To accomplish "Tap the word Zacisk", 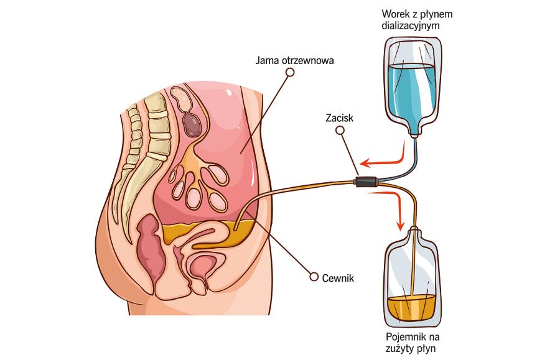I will tap(339, 118).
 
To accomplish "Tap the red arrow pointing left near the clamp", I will tap(381, 160).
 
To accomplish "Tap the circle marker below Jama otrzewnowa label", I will tap(289, 73).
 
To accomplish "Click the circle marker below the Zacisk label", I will tap(339, 131).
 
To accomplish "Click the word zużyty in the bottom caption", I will tap(403, 348).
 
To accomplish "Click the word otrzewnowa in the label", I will tap(307, 61).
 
